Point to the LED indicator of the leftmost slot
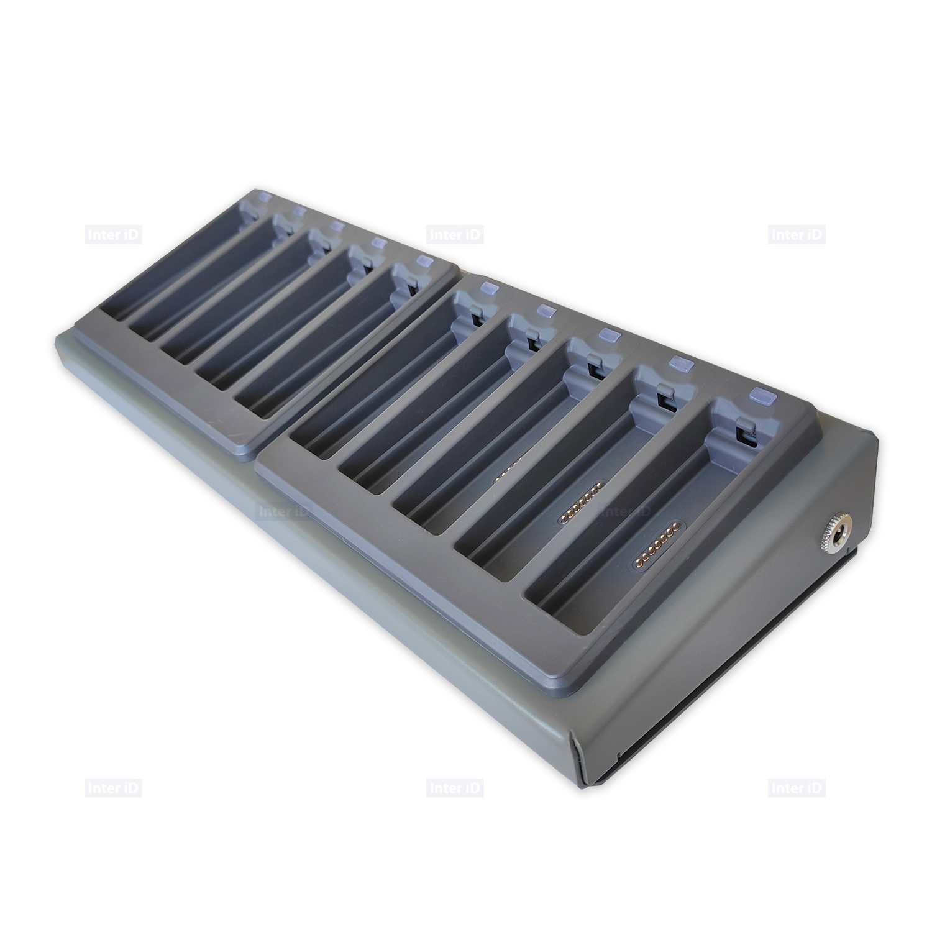click(x=262, y=197)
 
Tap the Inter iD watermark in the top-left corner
click(x=114, y=235)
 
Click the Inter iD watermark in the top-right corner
click(x=797, y=235)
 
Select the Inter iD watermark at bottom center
click(x=455, y=788)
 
